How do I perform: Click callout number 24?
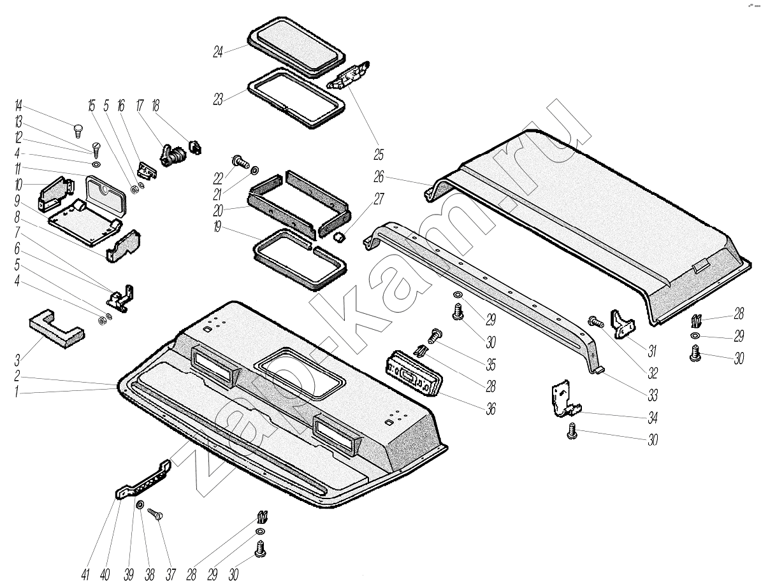pyautogui.click(x=218, y=53)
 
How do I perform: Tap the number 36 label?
pyautogui.click(x=490, y=409)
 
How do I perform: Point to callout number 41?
pyautogui.click(x=85, y=574)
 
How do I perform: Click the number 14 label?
pyautogui.click(x=18, y=105)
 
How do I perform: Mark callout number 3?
pyautogui.click(x=18, y=360)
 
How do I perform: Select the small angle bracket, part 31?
pyautogui.click(x=622, y=323)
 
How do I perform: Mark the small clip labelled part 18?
pyautogui.click(x=195, y=146)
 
